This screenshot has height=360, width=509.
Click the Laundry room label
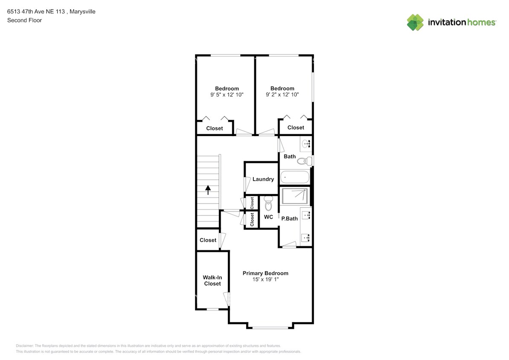[263, 179]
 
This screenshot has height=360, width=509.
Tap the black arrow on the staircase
[208, 190]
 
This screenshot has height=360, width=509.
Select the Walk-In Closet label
[212, 281]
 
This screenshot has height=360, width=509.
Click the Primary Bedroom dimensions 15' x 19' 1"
[265, 279]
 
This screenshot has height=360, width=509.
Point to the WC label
[268, 217]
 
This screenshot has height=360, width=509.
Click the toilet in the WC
[268, 203]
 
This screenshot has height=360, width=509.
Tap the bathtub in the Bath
[295, 177]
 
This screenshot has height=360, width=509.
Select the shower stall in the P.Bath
[294, 196]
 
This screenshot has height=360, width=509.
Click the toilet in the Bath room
[305, 161]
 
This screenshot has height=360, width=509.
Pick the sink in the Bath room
[306, 143]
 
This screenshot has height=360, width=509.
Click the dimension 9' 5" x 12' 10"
[227, 95]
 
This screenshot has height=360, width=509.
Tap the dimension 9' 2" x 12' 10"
[282, 94]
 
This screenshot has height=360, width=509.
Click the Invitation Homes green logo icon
[415, 23]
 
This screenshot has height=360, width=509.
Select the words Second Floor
[25, 20]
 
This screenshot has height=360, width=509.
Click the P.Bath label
[289, 219]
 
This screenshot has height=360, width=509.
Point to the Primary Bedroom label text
[265, 273]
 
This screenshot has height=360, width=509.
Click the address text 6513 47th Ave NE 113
[36, 12]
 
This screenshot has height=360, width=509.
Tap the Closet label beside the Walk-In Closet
[208, 240]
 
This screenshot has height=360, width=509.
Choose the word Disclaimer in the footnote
[25, 346]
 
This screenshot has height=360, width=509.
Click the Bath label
[290, 157]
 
